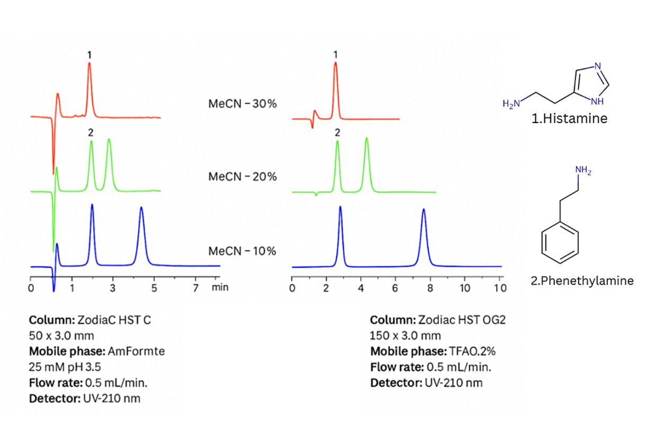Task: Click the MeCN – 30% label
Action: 242,104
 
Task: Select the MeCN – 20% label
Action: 242,177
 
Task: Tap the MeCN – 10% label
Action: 242,251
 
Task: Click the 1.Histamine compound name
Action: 569,119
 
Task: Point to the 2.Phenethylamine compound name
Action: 582,281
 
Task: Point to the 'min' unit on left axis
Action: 220,287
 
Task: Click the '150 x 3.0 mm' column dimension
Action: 405,336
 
